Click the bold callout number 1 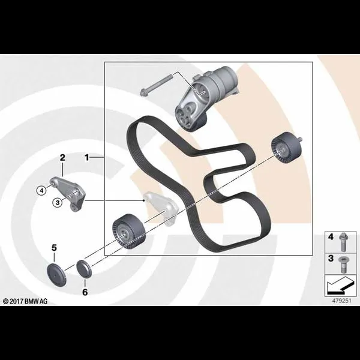[x=86, y=157]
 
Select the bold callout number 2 [x=62, y=157]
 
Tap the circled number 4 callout [x=41, y=190]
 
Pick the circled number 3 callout [x=58, y=202]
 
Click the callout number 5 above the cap [x=54, y=248]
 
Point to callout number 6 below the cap [x=85, y=292]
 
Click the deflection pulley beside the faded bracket [x=129, y=232]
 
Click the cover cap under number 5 [x=56, y=275]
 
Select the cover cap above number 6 [x=84, y=269]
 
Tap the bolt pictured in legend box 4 [x=343, y=242]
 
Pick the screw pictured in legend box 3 [x=343, y=265]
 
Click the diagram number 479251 [x=341, y=301]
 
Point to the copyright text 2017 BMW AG [x=25, y=301]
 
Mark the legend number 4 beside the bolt [x=331, y=237]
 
